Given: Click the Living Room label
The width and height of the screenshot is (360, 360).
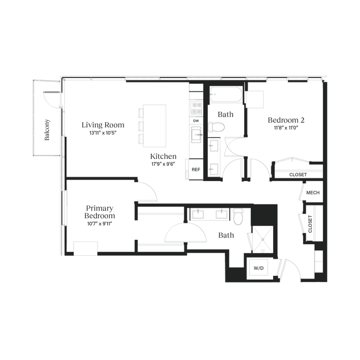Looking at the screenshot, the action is [x=103, y=125].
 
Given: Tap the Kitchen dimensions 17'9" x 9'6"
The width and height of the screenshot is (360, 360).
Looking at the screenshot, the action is [x=163, y=164].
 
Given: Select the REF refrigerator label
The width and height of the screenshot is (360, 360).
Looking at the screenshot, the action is [x=196, y=169].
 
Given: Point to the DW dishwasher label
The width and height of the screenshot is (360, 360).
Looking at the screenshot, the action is [x=196, y=121].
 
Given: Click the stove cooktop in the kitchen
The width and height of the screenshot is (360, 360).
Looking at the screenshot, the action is [x=197, y=108].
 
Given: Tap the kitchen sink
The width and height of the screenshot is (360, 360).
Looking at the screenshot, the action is [x=196, y=135].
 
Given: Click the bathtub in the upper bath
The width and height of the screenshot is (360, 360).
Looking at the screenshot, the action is [x=226, y=94].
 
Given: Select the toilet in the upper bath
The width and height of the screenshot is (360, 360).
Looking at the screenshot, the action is [x=216, y=127].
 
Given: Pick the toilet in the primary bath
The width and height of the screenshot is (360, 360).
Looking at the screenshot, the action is [x=238, y=217].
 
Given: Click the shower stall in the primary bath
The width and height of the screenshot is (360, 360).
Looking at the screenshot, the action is [x=263, y=239].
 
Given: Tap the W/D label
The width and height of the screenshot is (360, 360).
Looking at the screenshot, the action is [x=259, y=268].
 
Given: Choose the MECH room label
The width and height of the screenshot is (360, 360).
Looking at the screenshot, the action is [x=313, y=193].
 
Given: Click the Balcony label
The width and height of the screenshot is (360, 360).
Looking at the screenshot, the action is [x=47, y=130].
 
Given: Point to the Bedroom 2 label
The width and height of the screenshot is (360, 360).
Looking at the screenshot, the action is [x=286, y=120].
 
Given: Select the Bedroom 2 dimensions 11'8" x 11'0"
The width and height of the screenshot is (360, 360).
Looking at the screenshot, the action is [x=286, y=128].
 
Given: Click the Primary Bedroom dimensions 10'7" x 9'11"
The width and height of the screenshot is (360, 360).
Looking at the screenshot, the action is [x=100, y=224].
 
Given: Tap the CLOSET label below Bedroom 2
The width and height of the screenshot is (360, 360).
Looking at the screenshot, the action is [x=298, y=174].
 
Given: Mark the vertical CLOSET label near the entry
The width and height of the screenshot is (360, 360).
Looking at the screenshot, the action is [x=310, y=224].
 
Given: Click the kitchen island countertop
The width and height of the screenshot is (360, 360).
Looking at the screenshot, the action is [x=155, y=126].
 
